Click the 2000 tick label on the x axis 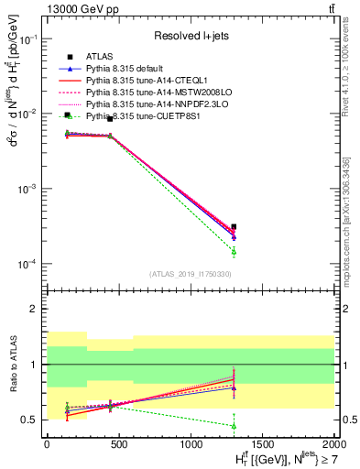(x=333, y=442)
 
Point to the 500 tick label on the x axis (x=118, y=442)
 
